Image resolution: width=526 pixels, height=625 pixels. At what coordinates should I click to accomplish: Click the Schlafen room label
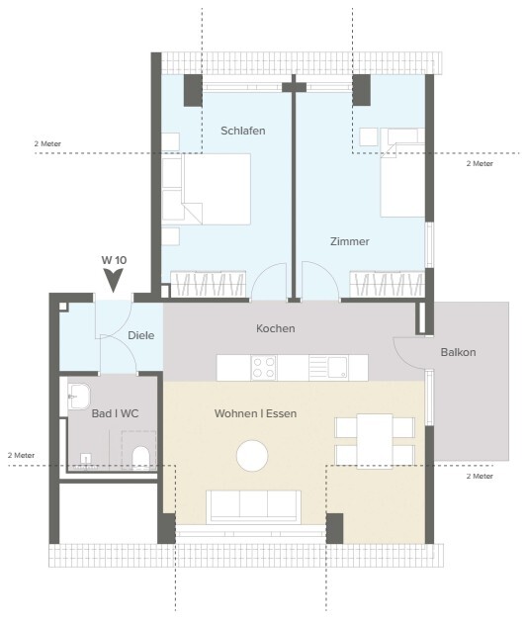tap(242, 131)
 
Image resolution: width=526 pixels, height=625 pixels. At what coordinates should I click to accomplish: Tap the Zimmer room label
tap(349, 241)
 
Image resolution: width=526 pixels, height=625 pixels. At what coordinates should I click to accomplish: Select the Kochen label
tap(275, 328)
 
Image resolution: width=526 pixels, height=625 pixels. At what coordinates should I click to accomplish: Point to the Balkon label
tap(458, 352)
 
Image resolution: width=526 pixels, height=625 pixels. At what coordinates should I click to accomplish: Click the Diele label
tap(141, 335)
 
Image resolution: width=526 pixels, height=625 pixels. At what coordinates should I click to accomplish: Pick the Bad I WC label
tap(115, 413)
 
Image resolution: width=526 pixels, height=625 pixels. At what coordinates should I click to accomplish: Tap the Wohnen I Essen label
tap(255, 413)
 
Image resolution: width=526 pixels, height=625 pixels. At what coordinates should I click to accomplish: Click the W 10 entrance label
tap(114, 260)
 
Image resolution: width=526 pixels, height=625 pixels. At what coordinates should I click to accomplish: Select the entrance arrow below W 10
tap(113, 280)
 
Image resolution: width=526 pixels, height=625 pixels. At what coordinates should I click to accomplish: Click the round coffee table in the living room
tap(252, 456)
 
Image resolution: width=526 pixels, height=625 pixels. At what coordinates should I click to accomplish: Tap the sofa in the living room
tap(253, 506)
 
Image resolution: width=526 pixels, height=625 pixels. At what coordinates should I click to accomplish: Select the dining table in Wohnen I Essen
tap(375, 440)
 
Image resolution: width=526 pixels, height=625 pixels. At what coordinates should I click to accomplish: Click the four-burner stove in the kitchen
tap(264, 368)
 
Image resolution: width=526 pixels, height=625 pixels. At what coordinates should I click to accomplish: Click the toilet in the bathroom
tap(140, 458)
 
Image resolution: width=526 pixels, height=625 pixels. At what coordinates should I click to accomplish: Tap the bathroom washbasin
tap(78, 397)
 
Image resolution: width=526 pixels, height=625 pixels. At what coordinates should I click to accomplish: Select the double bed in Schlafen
tap(217, 189)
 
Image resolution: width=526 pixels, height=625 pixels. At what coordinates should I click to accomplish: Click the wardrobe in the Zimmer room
tap(387, 284)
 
